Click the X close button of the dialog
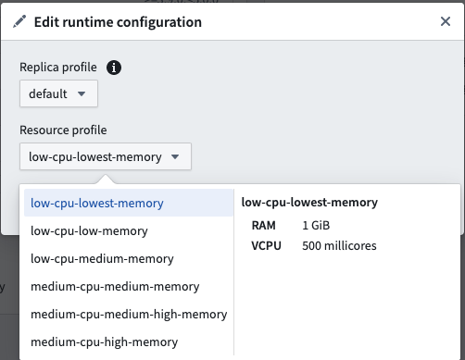coord(446,21)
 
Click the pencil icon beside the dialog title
coord(19,21)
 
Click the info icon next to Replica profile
coord(114,68)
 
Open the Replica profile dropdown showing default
coord(58,93)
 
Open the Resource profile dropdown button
coord(106,156)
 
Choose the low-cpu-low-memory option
coord(89,231)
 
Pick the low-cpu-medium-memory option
coord(102,259)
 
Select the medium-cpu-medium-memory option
coord(115,287)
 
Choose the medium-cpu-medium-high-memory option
coord(129,315)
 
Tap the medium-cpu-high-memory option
coord(105,342)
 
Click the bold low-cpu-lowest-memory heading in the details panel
coord(309,203)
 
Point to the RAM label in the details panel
coord(263,226)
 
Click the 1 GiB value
coord(316,226)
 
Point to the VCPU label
coord(266,246)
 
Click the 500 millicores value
coord(339,246)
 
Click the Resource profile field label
coord(63,130)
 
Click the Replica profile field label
coord(58,68)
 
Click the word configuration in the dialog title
coord(159,22)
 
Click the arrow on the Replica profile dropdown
coord(82,93)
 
